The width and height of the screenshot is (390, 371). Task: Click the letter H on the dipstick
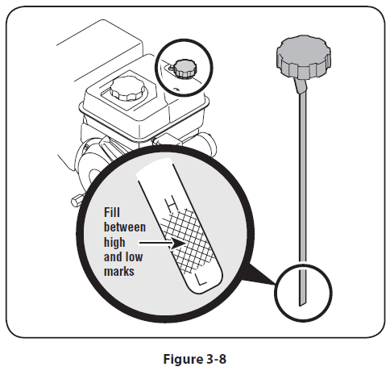172,205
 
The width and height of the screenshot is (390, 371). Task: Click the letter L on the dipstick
201,280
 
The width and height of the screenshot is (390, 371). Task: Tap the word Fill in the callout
112,213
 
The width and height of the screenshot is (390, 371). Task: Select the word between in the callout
125,227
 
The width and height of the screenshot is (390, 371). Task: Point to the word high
114,243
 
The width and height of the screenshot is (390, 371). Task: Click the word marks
119,271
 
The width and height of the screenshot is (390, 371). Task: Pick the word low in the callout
135,256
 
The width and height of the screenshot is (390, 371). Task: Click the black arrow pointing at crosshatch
162,244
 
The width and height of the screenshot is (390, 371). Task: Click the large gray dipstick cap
303,57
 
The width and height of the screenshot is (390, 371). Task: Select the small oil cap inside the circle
185,69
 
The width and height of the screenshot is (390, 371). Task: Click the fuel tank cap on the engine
128,89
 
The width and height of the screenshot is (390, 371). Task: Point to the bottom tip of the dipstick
301,306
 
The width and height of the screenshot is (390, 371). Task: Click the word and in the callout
114,256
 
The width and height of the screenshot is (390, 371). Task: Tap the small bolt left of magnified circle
77,201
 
